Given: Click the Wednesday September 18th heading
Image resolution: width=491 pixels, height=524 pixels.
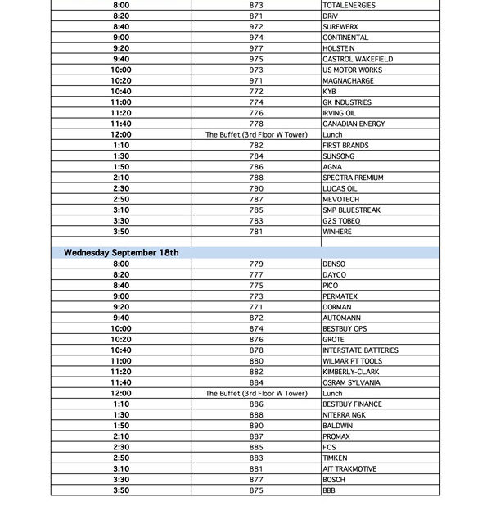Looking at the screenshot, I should (121, 253).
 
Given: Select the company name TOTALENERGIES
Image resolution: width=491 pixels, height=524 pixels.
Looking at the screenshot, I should (349, 5).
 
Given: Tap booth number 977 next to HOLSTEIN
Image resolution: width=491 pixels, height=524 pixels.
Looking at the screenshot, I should (256, 48).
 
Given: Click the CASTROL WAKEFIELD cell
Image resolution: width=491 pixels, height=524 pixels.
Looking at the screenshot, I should (358, 59).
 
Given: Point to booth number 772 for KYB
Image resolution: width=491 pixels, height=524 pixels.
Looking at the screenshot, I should (256, 92).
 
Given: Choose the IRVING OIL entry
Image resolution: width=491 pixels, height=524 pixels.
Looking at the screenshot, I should (340, 113).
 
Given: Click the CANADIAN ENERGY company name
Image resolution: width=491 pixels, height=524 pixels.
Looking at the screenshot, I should (354, 124).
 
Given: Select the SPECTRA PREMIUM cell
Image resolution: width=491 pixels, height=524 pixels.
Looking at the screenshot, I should (353, 178).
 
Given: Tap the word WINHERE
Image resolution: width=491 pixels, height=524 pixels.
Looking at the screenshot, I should (337, 232).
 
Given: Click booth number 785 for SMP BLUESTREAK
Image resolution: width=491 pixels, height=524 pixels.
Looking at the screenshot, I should (256, 210).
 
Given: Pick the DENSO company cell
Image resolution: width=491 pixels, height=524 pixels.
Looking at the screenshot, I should (334, 264).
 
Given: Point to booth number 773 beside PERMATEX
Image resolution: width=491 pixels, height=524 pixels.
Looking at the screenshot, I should (256, 296).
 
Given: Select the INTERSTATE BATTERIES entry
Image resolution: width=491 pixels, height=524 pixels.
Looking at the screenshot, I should (361, 350).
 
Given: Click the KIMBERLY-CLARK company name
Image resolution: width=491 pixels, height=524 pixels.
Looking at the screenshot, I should (351, 372).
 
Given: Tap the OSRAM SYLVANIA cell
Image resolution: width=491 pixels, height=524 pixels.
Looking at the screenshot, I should (351, 382).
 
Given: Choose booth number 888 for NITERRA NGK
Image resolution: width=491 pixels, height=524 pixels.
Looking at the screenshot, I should (256, 415).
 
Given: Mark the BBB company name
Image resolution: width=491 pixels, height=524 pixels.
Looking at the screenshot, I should (329, 490).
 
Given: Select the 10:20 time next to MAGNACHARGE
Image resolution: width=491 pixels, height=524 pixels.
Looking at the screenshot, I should (121, 81).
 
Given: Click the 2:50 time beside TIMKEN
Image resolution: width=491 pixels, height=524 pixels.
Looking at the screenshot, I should (121, 458).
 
